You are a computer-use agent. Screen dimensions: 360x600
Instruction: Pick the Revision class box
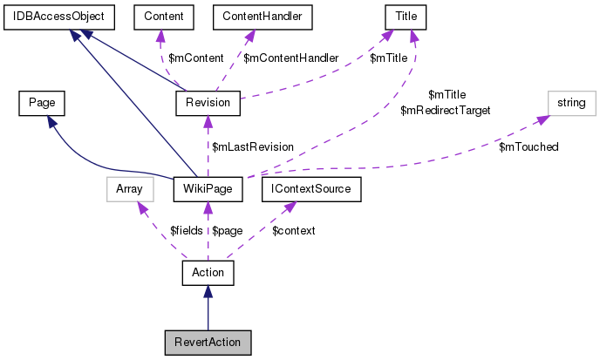(x=208, y=103)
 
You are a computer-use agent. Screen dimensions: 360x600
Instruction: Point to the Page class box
(x=42, y=103)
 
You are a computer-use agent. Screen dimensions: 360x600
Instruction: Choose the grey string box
(x=571, y=103)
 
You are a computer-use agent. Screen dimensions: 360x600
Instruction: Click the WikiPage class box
(x=208, y=187)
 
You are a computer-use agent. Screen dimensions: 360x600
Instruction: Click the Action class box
(x=208, y=273)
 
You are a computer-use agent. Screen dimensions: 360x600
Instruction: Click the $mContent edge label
(x=191, y=58)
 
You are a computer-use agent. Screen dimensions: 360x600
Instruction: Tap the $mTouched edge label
(x=528, y=146)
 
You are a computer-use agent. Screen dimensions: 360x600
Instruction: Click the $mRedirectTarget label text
(x=445, y=111)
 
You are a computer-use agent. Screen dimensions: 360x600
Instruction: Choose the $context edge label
(x=294, y=230)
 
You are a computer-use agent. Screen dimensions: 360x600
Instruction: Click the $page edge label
(x=228, y=230)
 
